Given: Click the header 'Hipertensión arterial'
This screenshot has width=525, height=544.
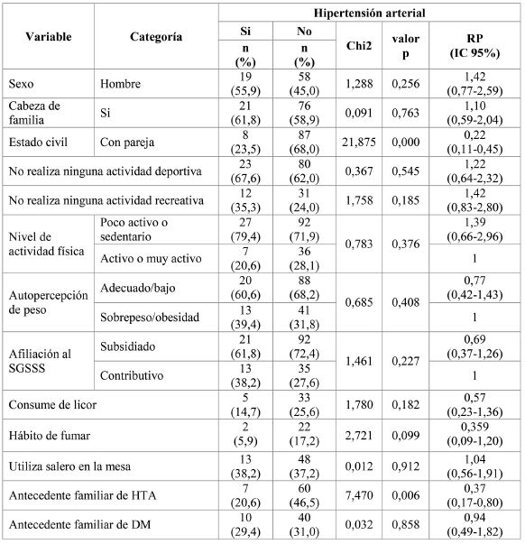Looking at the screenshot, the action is [x=369, y=13].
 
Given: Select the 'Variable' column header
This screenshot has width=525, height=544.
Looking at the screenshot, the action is [x=49, y=37].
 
